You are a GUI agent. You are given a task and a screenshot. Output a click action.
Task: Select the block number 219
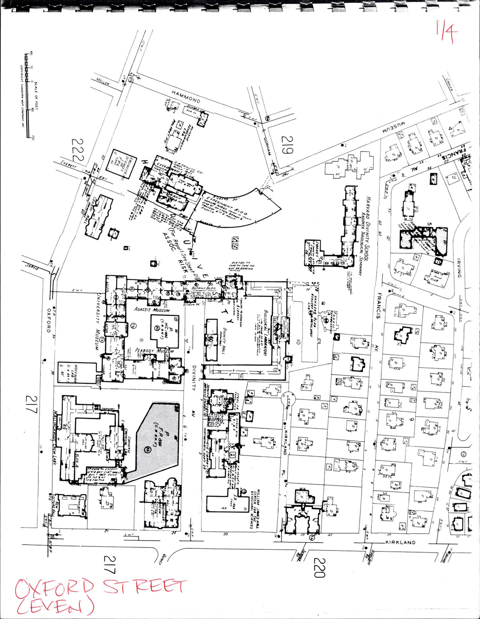pos(288,145)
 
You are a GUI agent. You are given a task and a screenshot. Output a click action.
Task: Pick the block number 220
pos(320,567)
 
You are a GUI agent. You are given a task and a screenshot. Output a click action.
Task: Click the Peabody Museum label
pos(154,351)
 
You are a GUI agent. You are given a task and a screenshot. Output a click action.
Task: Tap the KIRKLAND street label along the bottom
pos(400,542)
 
